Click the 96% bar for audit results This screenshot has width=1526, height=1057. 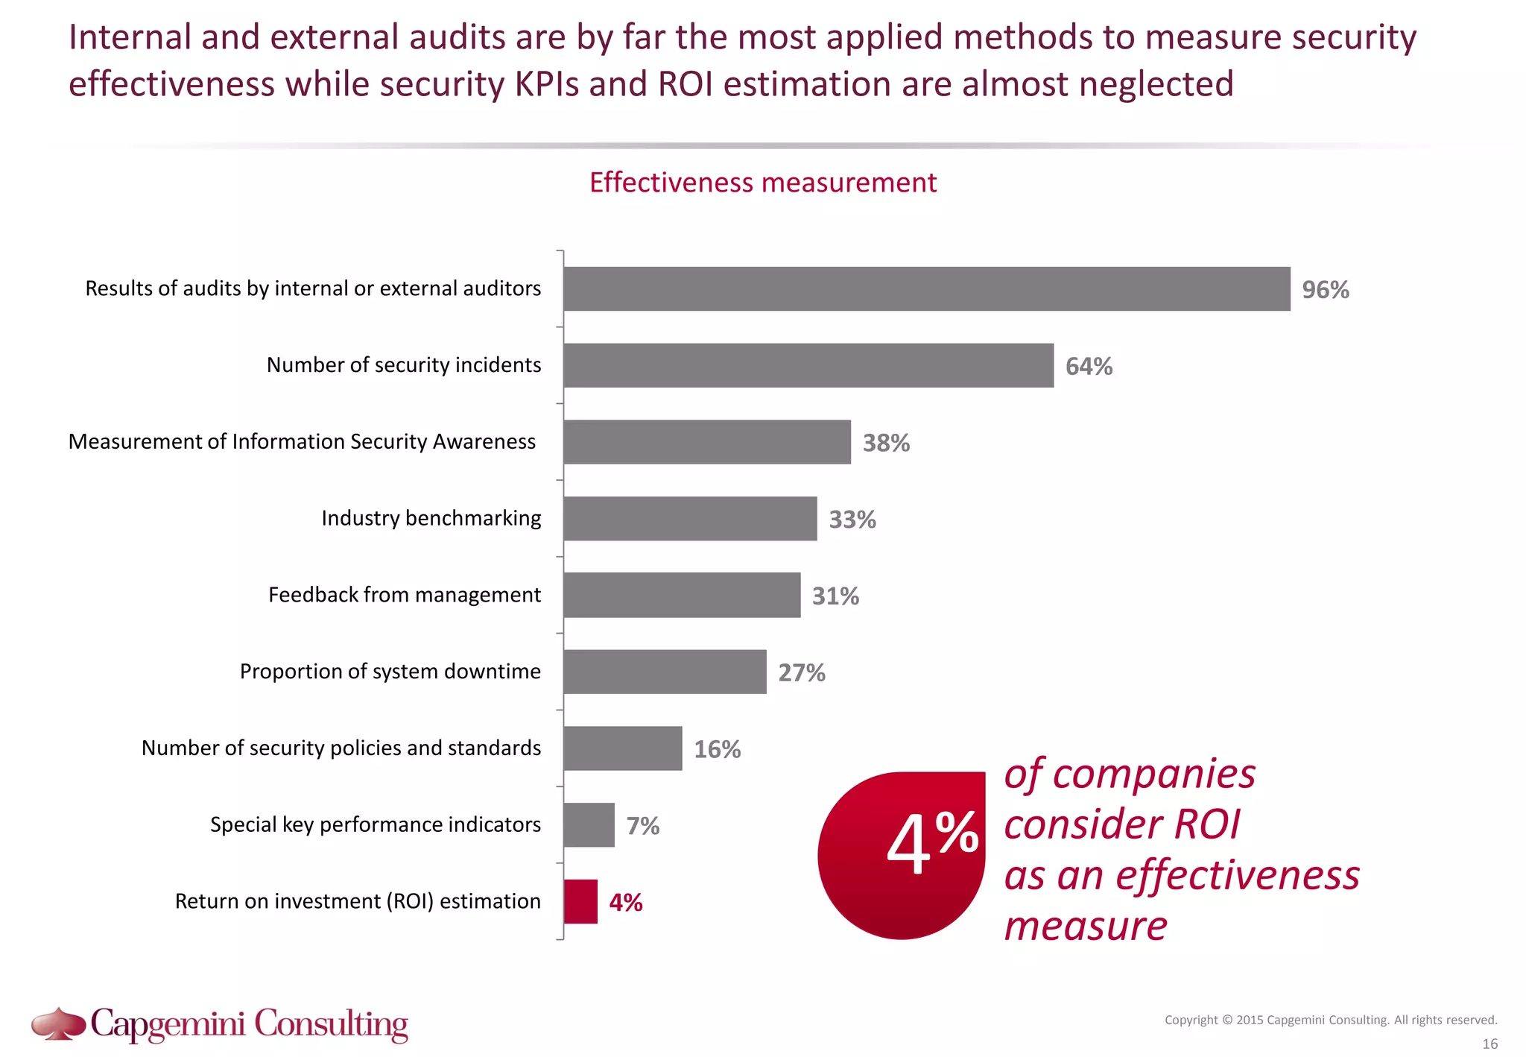pos(926,288)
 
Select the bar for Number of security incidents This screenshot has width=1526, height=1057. pos(808,365)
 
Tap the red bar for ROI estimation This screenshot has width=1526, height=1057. pos(580,901)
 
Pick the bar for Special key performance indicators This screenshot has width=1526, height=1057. pos(589,824)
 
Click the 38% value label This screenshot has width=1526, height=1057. pos(886,443)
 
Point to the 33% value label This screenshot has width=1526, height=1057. pos(852,520)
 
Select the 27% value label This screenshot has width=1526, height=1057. pos(802,672)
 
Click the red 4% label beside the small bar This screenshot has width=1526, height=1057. pos(626,902)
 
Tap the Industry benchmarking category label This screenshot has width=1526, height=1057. pos(431,518)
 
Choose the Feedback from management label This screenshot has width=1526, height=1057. pos(404,595)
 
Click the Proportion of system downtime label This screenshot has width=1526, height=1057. pos(390,672)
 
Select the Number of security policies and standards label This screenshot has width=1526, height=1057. pos(341,748)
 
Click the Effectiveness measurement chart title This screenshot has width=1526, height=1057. pos(762,183)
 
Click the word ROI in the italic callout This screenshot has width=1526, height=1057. pos(1207,824)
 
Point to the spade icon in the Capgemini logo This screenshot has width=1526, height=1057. pos(58,1023)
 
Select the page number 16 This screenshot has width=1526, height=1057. pos(1489,1044)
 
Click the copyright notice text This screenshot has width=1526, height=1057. pos(1330,1020)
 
